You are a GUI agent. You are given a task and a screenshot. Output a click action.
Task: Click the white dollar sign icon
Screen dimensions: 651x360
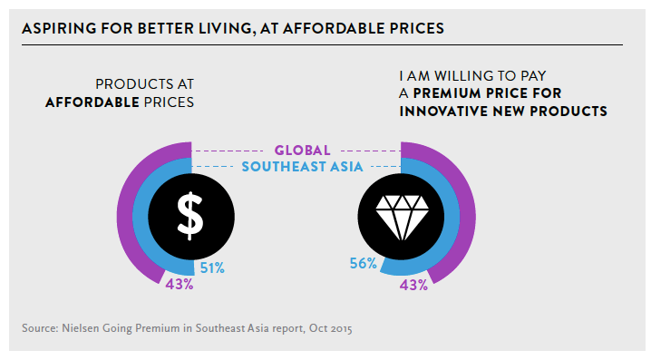point(190,217)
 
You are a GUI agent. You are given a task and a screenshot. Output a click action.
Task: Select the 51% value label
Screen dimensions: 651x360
point(212,268)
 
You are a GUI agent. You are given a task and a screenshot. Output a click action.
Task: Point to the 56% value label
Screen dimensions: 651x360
point(363,263)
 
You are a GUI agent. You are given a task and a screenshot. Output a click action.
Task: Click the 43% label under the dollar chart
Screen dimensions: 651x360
point(180,285)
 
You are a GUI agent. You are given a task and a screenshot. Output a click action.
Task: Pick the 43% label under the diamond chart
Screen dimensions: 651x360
point(413,286)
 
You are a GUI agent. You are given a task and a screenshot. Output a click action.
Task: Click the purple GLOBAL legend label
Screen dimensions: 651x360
point(302,151)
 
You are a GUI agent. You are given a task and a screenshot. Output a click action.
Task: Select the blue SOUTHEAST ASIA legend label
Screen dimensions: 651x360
point(302,167)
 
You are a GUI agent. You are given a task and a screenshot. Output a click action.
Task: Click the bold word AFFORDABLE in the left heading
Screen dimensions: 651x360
point(92,102)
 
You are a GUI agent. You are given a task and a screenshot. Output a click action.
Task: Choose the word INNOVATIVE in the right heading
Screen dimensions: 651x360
point(443,112)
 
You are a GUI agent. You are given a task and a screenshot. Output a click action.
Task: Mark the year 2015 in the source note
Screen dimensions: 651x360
point(342,329)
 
